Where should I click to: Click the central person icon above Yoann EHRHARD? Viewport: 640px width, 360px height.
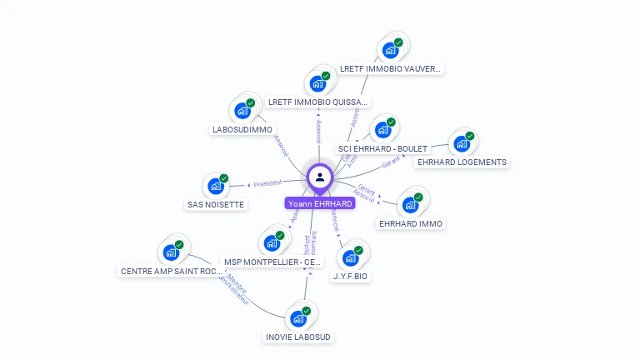320,177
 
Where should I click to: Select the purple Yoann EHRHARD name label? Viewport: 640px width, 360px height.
320,203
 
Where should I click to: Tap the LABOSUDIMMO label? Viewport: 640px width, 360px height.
242,130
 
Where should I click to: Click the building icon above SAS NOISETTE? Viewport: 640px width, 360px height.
216,185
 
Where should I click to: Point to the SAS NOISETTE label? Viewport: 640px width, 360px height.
216,204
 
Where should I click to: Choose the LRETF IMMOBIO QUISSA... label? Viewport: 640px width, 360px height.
318,102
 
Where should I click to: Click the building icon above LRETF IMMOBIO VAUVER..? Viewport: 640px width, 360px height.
390,50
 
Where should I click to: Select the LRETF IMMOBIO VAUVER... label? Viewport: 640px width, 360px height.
390,69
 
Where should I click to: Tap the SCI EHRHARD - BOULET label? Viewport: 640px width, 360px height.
382,149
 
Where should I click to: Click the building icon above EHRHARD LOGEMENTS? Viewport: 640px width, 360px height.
462,142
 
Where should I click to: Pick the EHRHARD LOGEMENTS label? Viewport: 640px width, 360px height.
462,162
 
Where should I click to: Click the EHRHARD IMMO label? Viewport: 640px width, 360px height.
412,223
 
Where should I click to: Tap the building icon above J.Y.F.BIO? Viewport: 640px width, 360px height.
350,257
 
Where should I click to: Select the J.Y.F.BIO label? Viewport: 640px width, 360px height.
350,276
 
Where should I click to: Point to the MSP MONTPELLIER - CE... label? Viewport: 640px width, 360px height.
272,262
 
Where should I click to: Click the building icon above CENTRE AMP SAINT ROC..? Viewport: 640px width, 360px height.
171,252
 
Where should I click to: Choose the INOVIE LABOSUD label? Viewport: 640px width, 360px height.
298,337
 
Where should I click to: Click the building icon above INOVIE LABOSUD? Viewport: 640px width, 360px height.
298,318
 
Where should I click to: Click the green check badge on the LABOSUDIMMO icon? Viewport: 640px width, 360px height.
250,103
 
